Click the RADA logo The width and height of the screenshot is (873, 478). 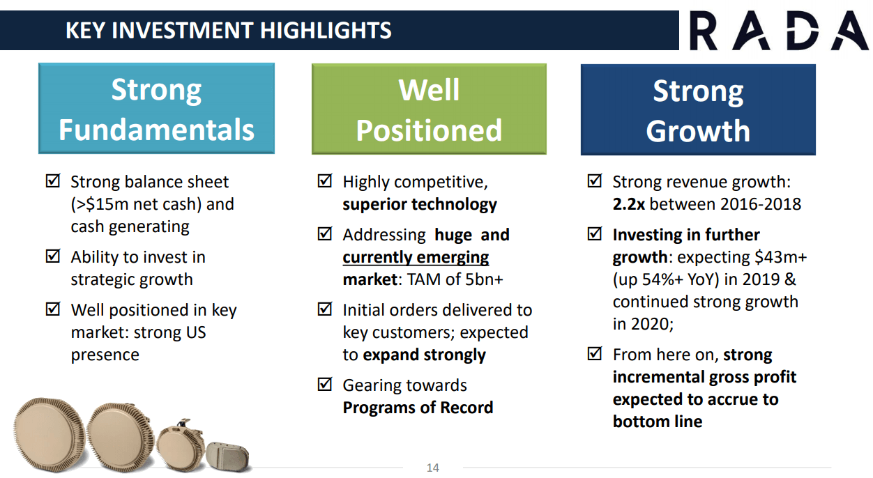(x=779, y=31)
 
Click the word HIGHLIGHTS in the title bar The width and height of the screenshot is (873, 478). (x=326, y=31)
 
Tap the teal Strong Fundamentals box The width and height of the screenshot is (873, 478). (x=156, y=108)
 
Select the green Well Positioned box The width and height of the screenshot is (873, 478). (x=429, y=109)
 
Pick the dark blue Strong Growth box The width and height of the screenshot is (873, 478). (x=698, y=110)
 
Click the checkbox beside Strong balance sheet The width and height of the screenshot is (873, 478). (x=52, y=180)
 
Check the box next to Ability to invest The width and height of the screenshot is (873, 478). (x=52, y=256)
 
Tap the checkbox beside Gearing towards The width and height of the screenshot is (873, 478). (x=324, y=384)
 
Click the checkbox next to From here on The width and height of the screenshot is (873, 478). (x=594, y=353)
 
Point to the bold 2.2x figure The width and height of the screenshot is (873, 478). (x=629, y=204)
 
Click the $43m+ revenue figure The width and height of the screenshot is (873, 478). (x=780, y=257)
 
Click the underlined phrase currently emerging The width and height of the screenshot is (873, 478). (x=416, y=258)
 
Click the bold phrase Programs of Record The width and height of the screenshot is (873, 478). (x=418, y=408)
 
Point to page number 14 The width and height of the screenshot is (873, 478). (x=432, y=468)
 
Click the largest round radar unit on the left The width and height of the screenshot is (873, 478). (x=49, y=434)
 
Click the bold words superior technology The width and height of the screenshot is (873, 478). (x=420, y=205)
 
